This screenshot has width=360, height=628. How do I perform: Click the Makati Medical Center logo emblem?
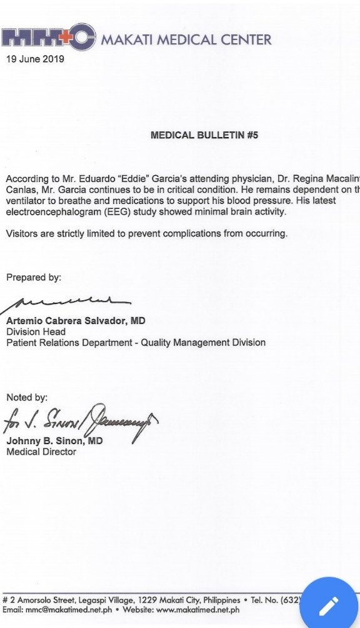pyautogui.click(x=48, y=38)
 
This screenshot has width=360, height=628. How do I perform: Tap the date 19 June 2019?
pyautogui.click(x=34, y=59)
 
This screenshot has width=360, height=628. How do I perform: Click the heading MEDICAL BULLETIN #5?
pyautogui.click(x=204, y=134)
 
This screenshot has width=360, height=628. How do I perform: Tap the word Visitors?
pyautogui.click(x=22, y=234)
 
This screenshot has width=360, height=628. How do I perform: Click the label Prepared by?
pyautogui.click(x=34, y=277)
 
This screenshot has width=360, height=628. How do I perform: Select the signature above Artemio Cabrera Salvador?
pyautogui.click(x=69, y=303)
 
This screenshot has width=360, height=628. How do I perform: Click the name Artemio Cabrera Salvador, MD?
pyautogui.click(x=76, y=321)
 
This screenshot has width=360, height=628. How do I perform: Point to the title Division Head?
pyautogui.click(x=36, y=332)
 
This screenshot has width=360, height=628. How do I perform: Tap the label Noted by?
pyautogui.click(x=27, y=397)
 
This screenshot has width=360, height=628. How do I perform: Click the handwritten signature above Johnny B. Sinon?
pyautogui.click(x=81, y=422)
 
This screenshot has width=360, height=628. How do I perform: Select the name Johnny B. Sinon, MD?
pyautogui.click(x=54, y=441)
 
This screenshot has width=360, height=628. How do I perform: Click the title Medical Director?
pyautogui.click(x=41, y=452)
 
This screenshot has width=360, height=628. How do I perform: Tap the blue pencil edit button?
pyautogui.click(x=328, y=605)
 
